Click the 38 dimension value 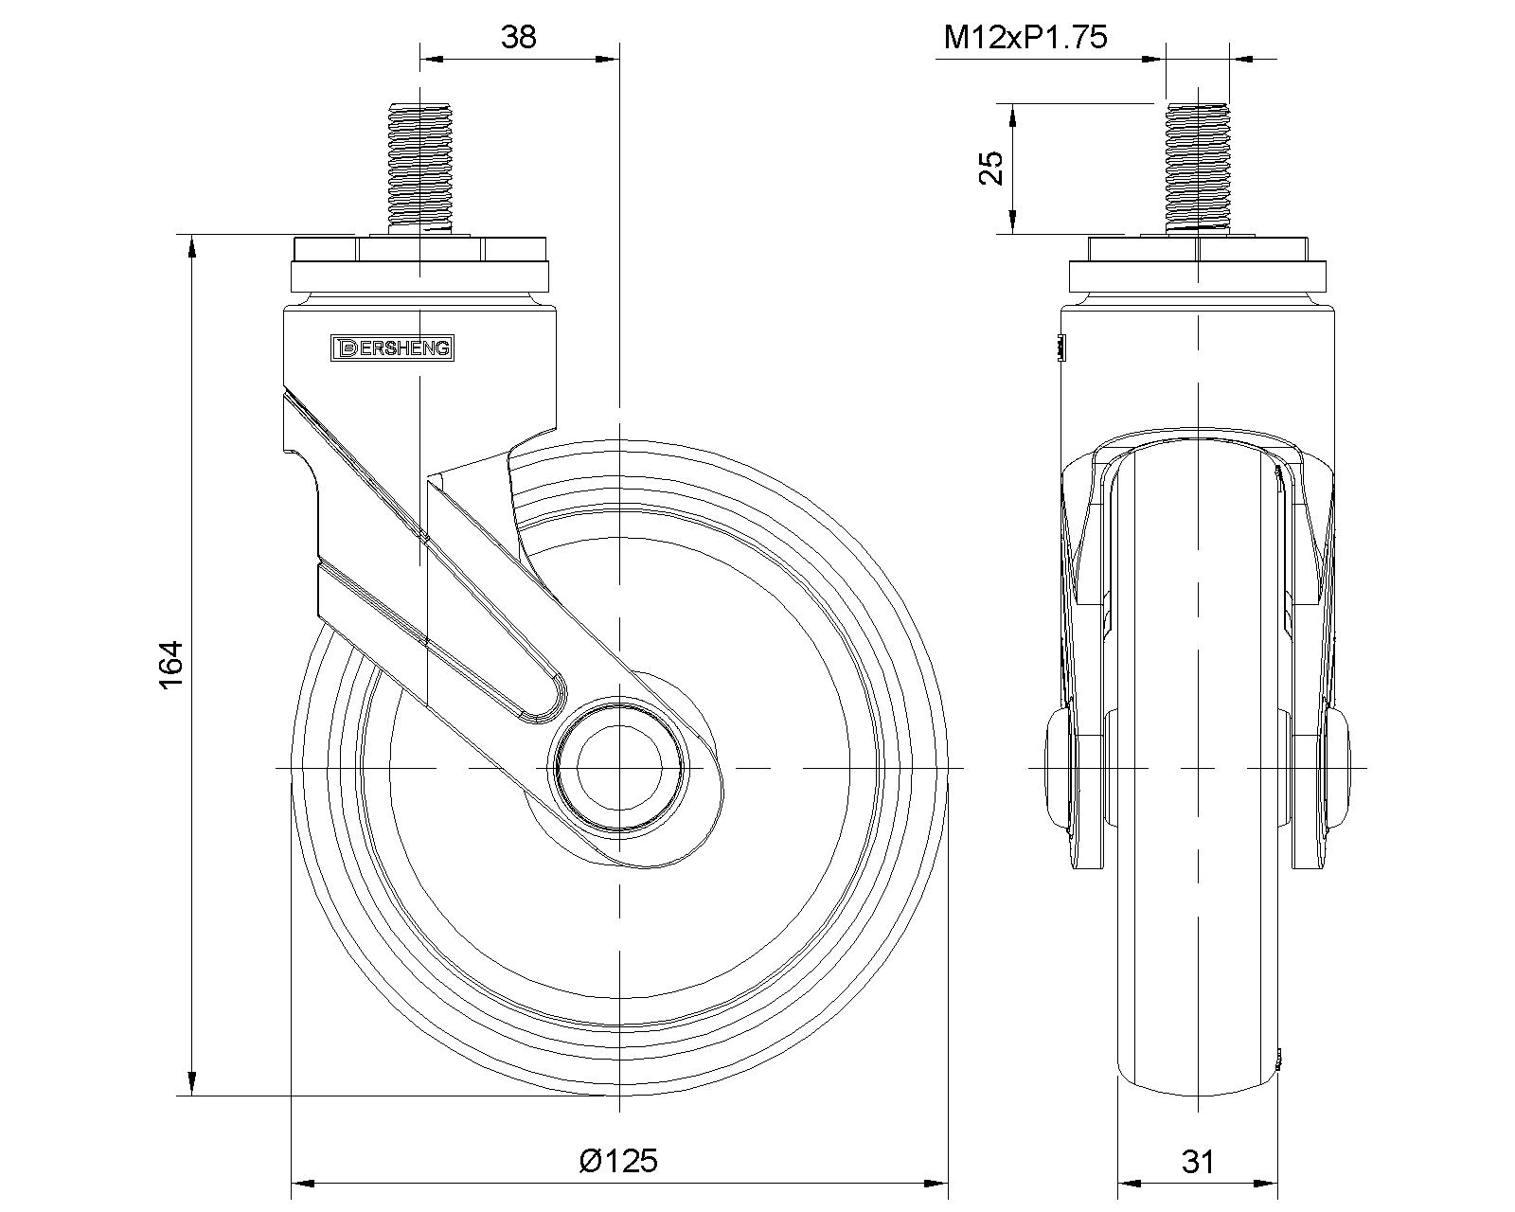click(x=519, y=37)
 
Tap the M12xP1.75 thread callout click(x=1025, y=37)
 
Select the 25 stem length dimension click(x=992, y=169)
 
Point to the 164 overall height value click(x=171, y=664)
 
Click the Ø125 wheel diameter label click(x=619, y=1161)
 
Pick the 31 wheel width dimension click(x=1198, y=1162)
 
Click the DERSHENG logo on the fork click(x=392, y=348)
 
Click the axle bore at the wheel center click(x=619, y=768)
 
